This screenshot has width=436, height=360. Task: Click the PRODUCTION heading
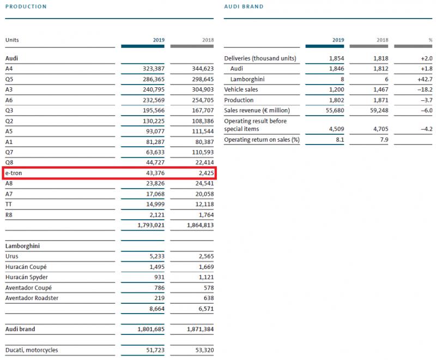(26, 7)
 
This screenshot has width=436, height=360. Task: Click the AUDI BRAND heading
(244, 7)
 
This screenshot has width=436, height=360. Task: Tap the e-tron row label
(14, 173)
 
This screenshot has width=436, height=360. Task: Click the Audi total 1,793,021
(149, 225)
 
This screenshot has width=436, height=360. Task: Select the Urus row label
(12, 256)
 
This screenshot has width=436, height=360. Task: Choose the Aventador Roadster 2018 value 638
(207, 298)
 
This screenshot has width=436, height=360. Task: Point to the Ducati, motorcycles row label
(32, 350)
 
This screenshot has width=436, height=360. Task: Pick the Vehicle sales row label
(241, 89)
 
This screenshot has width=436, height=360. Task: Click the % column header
(430, 40)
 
